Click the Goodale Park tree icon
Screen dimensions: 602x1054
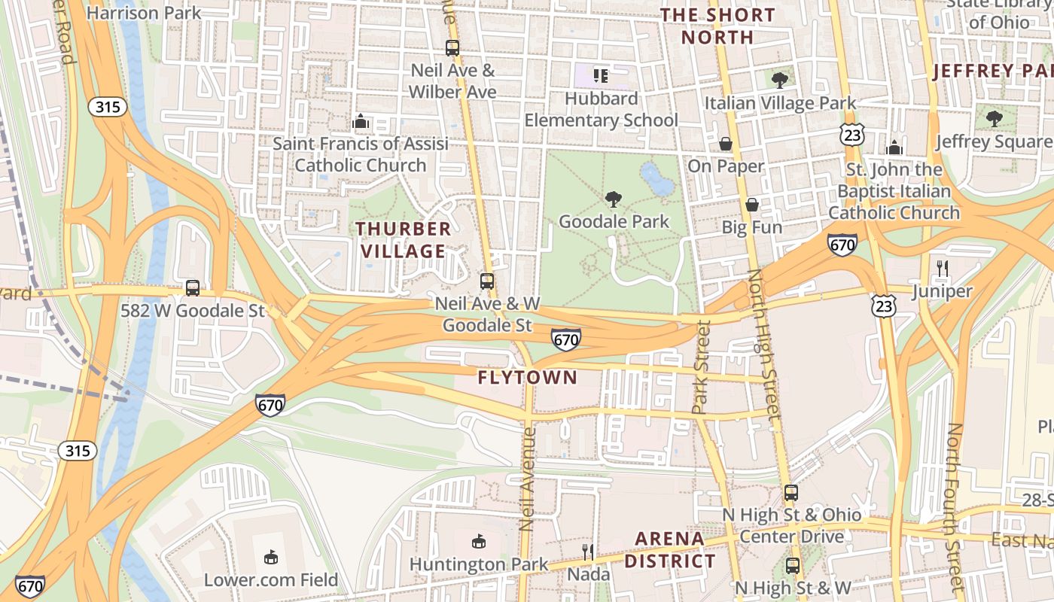click(614, 199)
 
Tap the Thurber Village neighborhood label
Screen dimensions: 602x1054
click(404, 239)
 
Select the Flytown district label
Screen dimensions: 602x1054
click(527, 378)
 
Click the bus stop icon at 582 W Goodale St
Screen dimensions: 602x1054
click(193, 288)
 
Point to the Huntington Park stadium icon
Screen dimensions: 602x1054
click(478, 541)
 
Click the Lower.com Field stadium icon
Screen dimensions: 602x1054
click(271, 558)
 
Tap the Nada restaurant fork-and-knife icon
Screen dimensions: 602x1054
click(588, 552)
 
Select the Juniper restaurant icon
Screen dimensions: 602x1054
click(942, 268)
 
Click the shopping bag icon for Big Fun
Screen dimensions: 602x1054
click(751, 205)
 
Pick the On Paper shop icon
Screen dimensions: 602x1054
click(726, 144)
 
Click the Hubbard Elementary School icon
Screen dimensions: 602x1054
click(601, 75)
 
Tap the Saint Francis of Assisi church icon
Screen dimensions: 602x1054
click(361, 121)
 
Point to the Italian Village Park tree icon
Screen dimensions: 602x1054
click(780, 80)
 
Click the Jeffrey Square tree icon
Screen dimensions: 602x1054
click(995, 118)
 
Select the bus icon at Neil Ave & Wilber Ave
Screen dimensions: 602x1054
click(452, 48)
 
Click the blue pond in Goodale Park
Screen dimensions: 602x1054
click(656, 179)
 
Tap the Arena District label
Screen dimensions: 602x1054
click(670, 549)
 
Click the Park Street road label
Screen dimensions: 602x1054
click(701, 366)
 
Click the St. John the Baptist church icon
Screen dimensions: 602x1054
click(894, 147)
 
